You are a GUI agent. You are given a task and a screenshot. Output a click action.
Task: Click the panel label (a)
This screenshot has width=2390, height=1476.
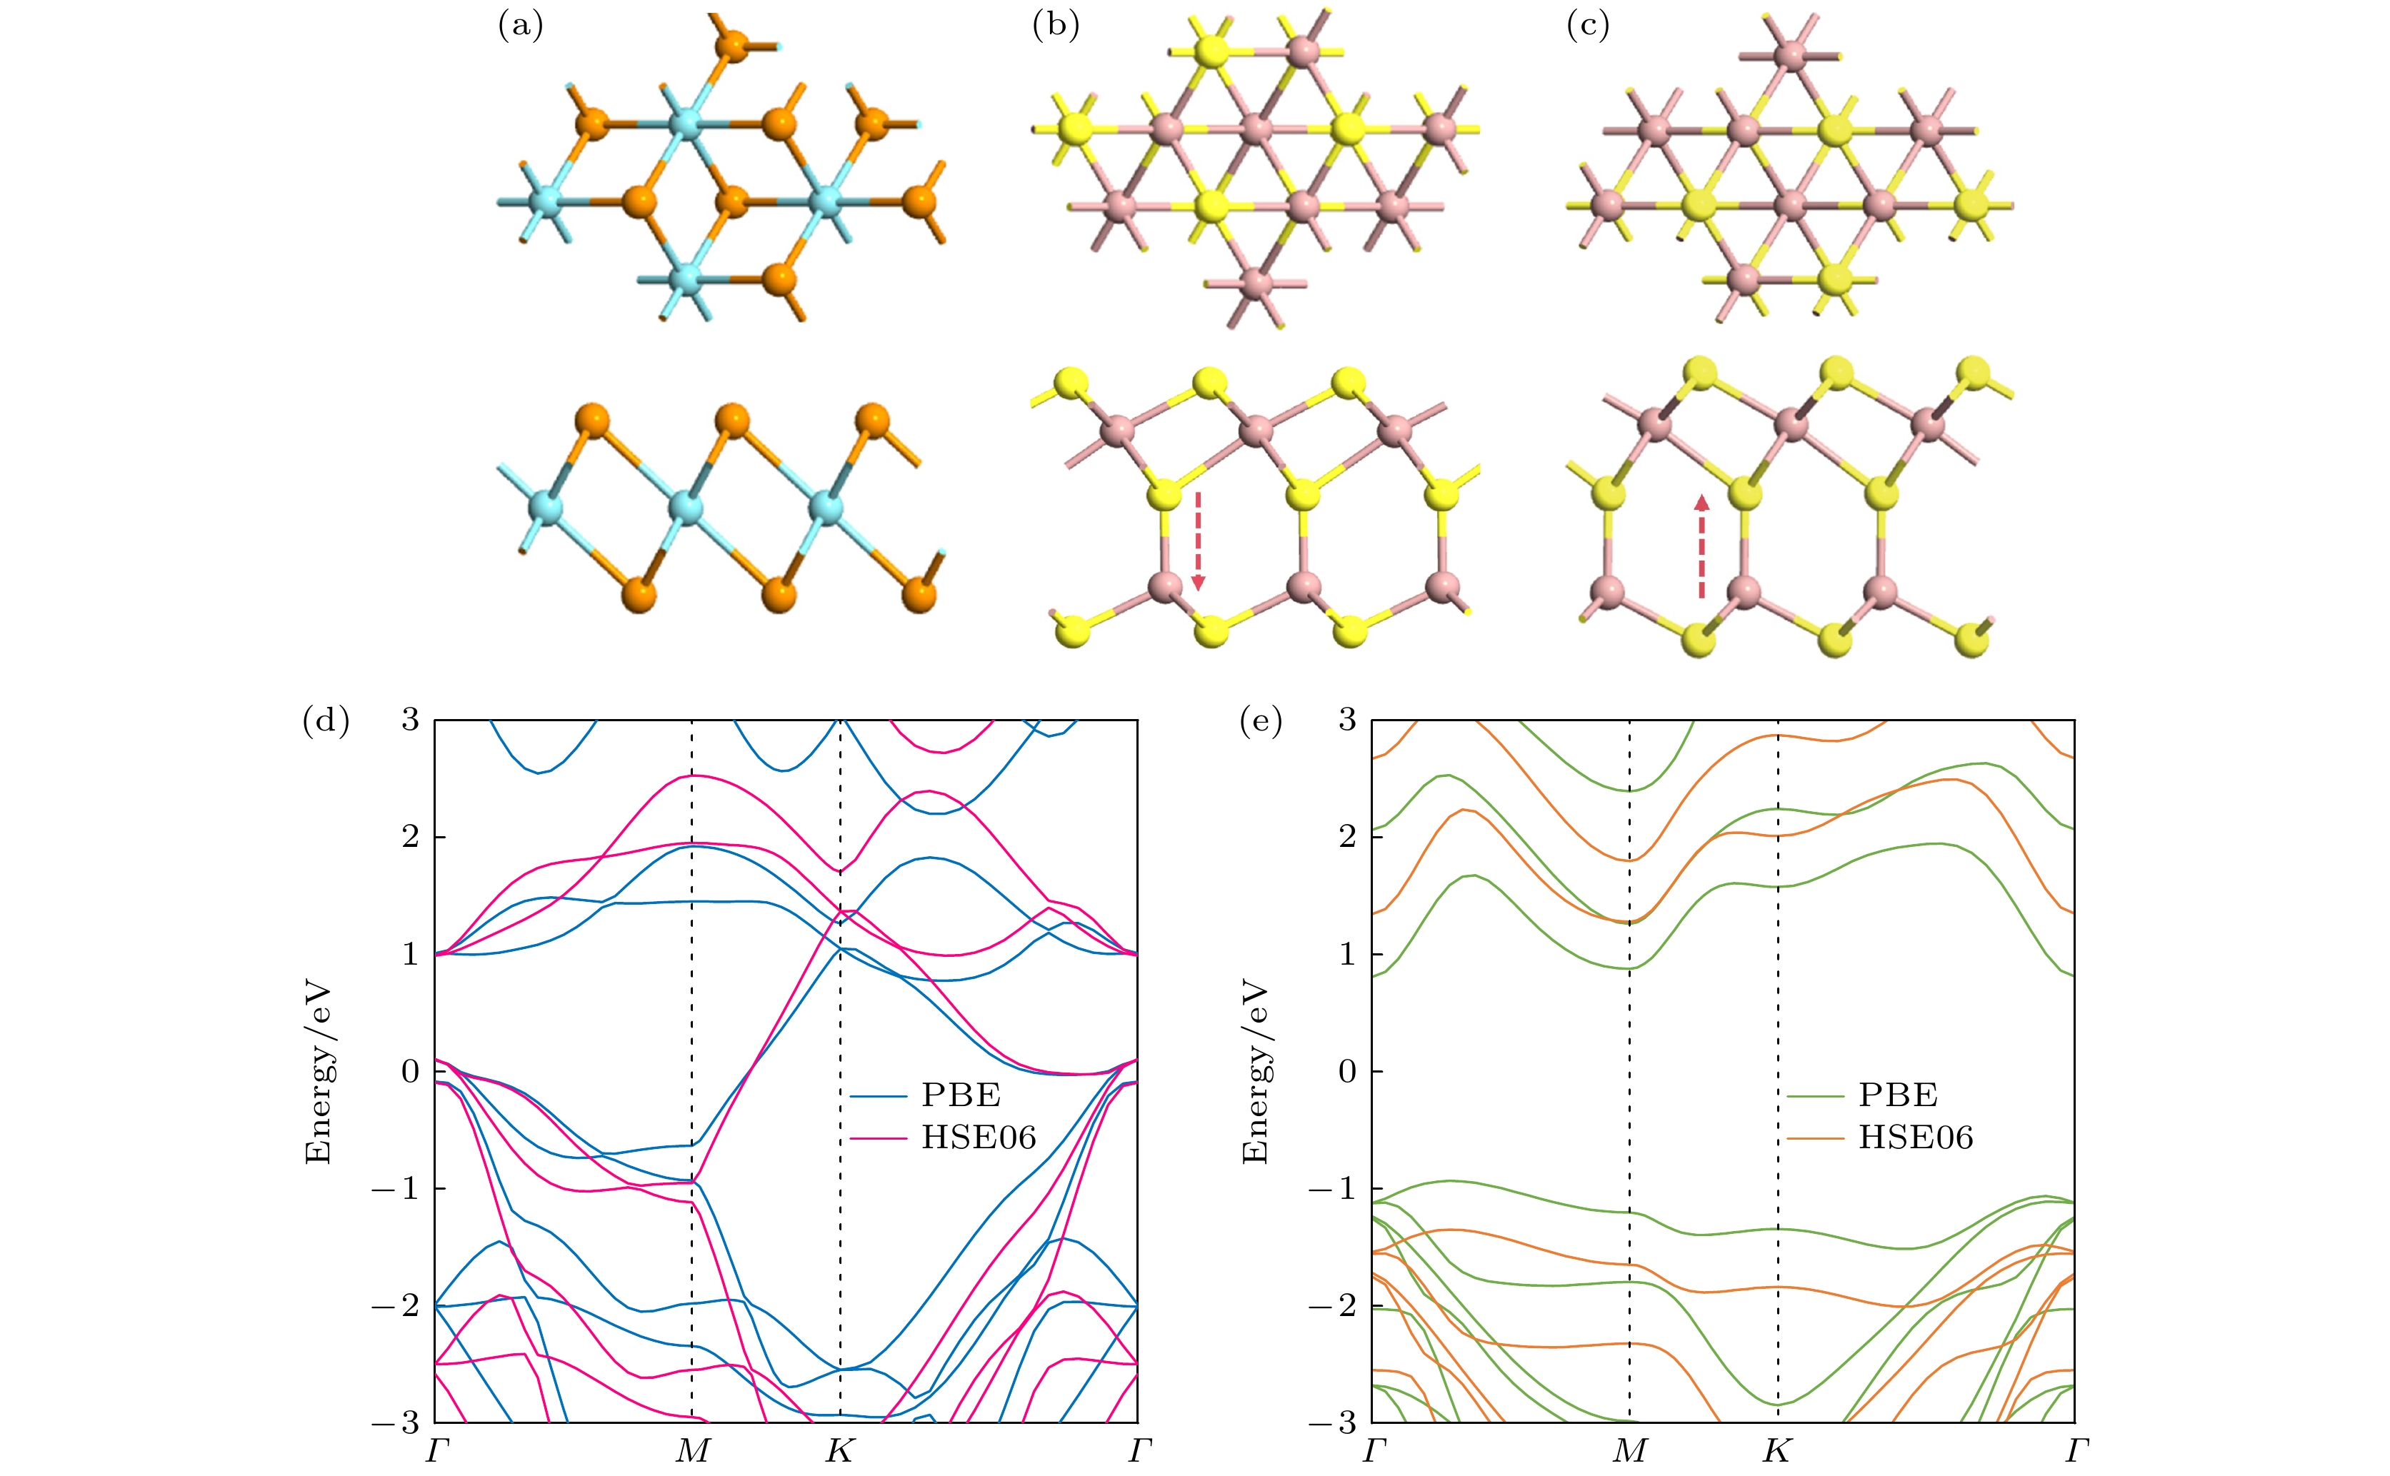tap(521, 26)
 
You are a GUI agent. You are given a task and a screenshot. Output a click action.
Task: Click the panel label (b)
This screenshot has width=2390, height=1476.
tap(1056, 26)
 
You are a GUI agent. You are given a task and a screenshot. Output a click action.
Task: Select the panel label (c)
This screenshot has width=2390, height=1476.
tap(1587, 26)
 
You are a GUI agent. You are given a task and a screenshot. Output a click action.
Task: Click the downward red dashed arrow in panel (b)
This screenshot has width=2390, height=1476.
tap(1198, 542)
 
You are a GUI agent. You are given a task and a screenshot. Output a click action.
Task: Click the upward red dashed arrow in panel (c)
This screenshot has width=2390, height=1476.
tap(1701, 546)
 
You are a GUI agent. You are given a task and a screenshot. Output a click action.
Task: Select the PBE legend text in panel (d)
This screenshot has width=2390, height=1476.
tap(961, 1095)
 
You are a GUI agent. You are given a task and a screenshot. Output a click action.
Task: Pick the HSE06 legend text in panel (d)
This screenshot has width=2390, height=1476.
tap(979, 1138)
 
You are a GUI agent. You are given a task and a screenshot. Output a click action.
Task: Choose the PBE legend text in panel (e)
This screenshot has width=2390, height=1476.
tap(1898, 1095)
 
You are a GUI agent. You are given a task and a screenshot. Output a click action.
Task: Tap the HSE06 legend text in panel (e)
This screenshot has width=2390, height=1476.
tap(1916, 1138)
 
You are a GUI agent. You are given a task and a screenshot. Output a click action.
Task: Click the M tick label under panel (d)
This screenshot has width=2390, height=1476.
tap(692, 1450)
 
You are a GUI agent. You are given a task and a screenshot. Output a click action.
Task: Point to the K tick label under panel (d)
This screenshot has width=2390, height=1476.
tap(839, 1450)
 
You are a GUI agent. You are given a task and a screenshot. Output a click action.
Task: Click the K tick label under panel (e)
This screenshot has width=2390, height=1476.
tap(1777, 1450)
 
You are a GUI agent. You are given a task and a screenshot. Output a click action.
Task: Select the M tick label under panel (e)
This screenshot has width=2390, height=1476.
tap(1629, 1450)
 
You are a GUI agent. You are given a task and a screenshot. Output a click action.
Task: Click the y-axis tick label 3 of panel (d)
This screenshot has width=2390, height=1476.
tap(410, 721)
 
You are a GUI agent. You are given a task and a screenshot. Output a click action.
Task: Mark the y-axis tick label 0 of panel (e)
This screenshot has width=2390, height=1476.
tap(1347, 1071)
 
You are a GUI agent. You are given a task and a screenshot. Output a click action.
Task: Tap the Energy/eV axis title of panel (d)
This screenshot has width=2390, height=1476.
tap(319, 1072)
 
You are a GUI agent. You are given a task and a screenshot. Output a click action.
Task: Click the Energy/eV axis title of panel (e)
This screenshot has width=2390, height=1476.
tap(1256, 1072)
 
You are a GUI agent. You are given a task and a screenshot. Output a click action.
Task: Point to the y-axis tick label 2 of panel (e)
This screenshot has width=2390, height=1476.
tap(1347, 837)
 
